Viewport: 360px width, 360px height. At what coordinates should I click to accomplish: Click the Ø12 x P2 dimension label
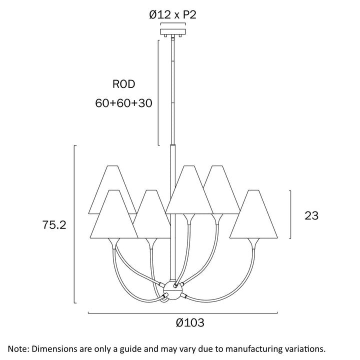tap(173, 14)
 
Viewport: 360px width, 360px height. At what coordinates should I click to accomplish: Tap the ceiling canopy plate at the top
tap(173, 32)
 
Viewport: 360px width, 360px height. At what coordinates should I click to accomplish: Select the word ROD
tap(123, 84)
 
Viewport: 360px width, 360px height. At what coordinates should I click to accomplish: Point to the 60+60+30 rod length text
tap(123, 103)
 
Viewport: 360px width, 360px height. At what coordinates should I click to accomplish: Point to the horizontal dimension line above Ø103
tap(182, 313)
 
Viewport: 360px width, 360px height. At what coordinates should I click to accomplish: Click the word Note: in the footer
tap(20, 348)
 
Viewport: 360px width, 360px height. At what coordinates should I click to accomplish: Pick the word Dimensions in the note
tap(56, 348)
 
